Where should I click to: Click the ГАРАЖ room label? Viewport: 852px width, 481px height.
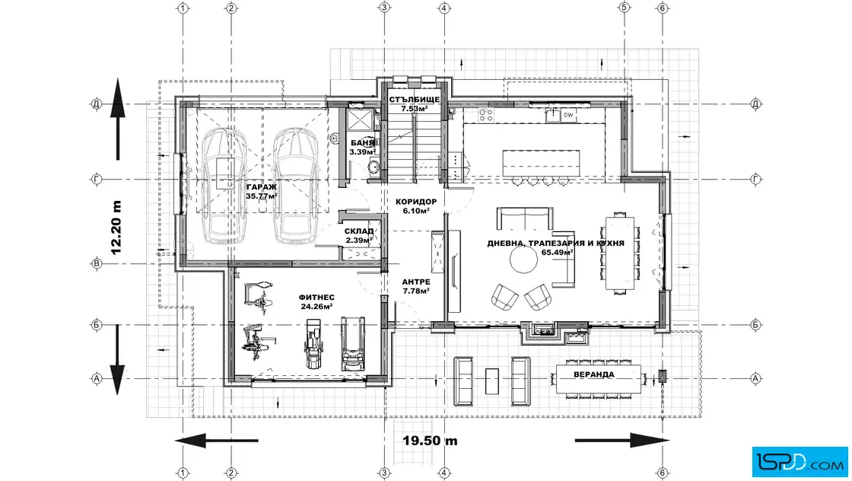coord(262,187)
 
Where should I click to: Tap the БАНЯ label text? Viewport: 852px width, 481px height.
coord(362,143)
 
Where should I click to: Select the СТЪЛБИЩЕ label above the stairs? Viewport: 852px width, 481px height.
coord(414,100)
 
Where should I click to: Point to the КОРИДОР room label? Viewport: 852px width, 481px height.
coord(415,202)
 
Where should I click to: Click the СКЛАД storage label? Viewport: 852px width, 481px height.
coord(358,231)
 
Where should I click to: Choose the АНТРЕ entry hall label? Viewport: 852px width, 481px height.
coord(416,282)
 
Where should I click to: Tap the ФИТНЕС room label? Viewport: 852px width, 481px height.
coord(316,298)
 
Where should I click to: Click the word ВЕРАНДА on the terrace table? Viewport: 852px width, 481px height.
coord(594,375)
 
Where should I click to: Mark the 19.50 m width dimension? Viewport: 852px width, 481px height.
coord(430,441)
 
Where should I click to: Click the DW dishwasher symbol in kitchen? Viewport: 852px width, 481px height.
coord(568,115)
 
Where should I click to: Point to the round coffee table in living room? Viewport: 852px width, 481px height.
coord(524,260)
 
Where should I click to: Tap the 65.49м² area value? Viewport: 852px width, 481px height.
coord(557,252)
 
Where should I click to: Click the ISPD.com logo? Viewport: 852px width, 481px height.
coord(800,462)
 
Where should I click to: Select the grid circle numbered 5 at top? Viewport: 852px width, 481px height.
coord(624,8)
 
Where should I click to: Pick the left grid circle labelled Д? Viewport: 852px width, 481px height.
coord(97,104)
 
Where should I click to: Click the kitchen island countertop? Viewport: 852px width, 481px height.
coord(541,163)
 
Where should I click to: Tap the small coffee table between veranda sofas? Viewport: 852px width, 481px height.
coord(491,381)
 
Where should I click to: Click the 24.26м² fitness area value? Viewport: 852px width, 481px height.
coord(316,307)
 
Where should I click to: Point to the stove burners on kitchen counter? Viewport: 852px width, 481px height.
coord(485,115)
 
